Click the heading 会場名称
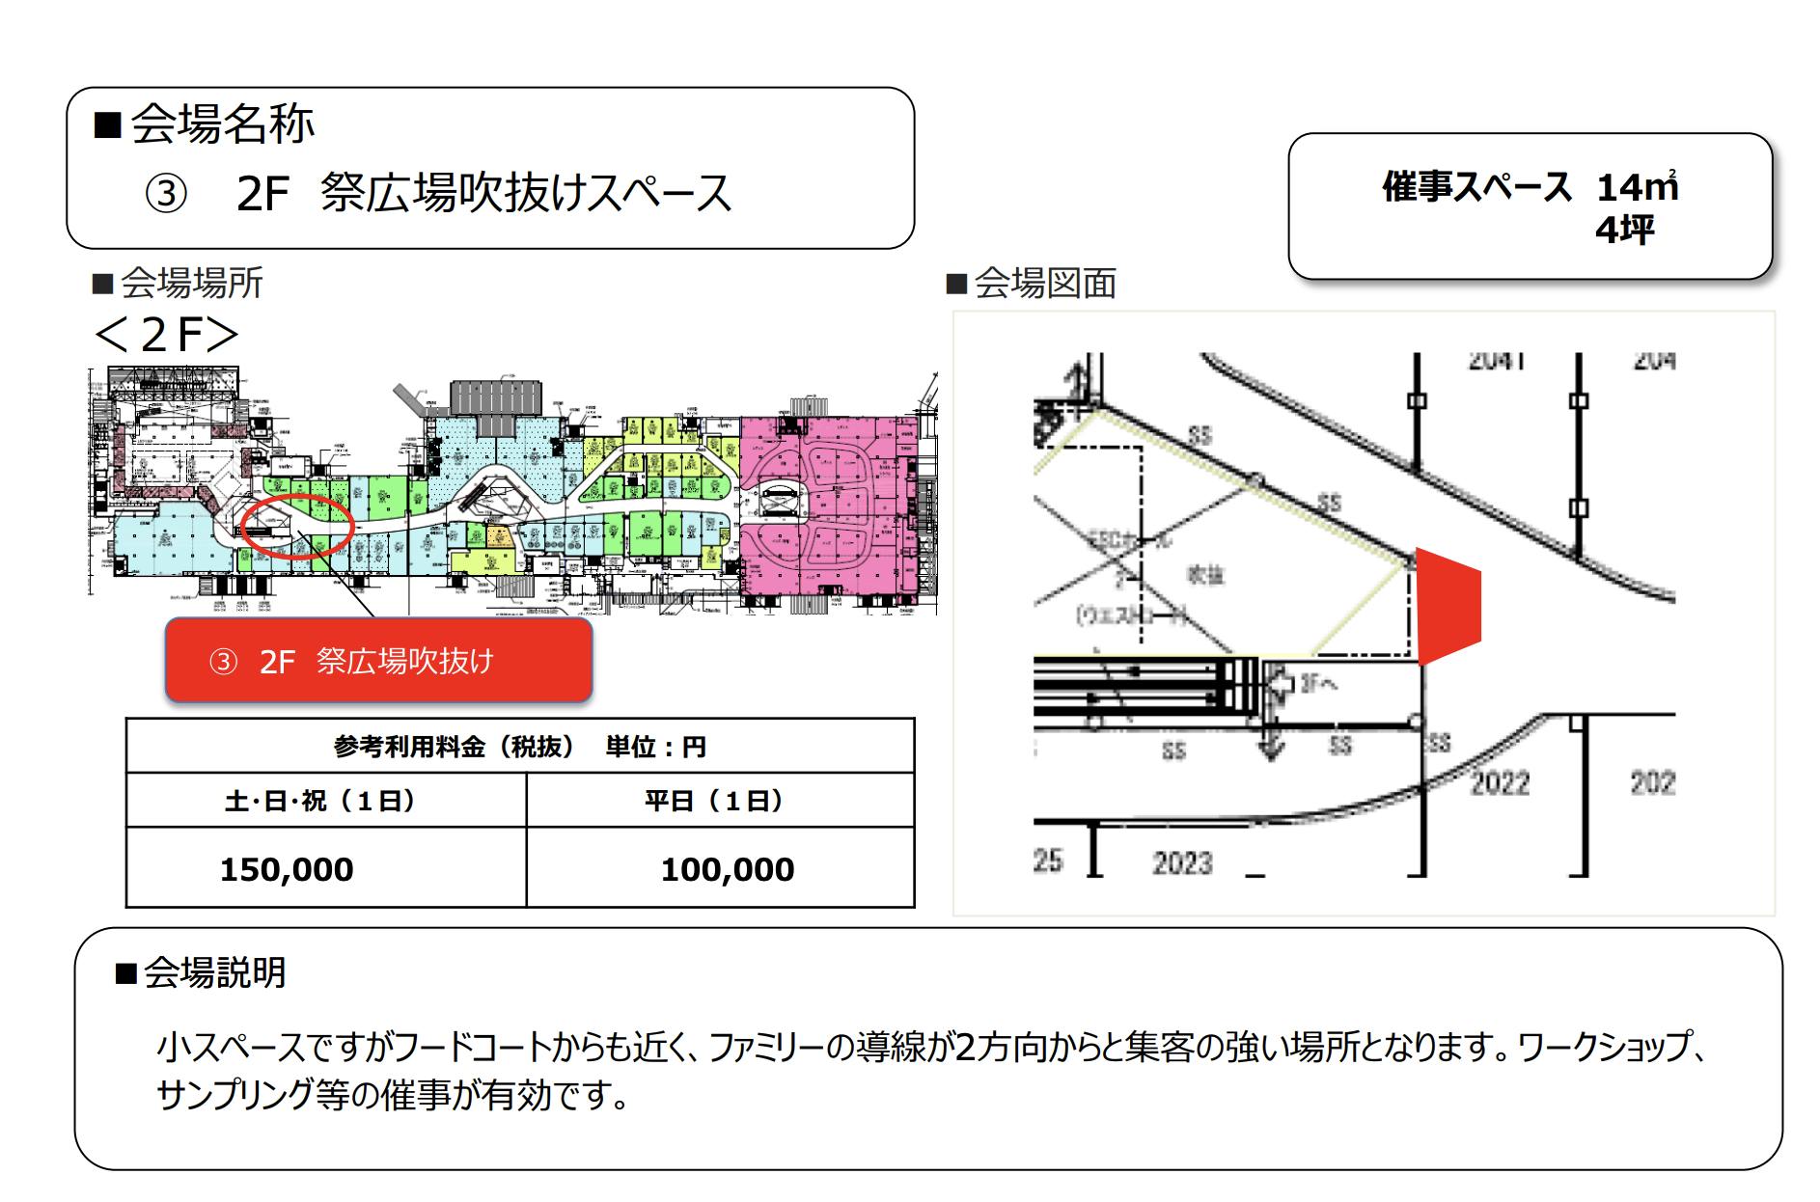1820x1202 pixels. [x=221, y=124]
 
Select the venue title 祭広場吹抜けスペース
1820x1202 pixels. [x=526, y=193]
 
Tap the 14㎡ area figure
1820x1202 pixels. [x=1637, y=186]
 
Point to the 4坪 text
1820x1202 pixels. [x=1624, y=230]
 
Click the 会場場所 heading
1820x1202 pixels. [x=191, y=284]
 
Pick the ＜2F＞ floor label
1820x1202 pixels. [x=165, y=334]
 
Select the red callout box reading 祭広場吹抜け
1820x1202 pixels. [x=378, y=661]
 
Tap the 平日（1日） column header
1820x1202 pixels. [x=713, y=801]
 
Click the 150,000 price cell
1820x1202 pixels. [x=287, y=869]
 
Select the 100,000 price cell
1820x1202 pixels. [x=727, y=869]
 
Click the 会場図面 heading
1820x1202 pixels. [x=1044, y=284]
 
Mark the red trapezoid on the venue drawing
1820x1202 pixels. [x=1447, y=606]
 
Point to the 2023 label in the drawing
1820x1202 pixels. [x=1181, y=861]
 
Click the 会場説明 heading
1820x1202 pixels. [x=214, y=972]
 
